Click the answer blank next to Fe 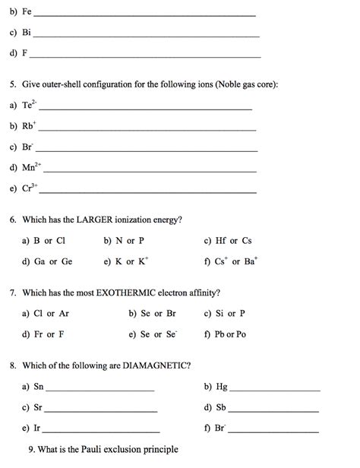click(x=144, y=15)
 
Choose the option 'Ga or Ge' click(x=53, y=261)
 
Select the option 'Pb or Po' click(x=231, y=334)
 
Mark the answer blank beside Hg click(x=274, y=390)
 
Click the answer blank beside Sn click(x=99, y=390)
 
